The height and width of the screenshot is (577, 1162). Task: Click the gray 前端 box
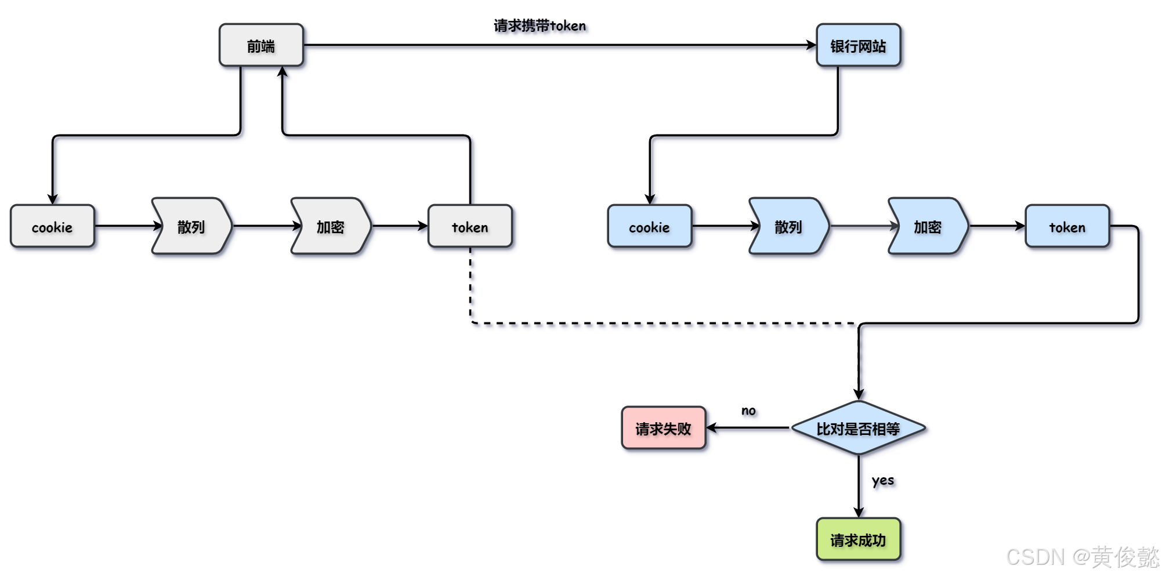(x=261, y=45)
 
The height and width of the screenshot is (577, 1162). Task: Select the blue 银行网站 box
(x=858, y=45)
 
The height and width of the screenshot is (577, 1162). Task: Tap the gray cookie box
(x=52, y=226)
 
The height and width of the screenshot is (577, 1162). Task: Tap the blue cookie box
(x=649, y=226)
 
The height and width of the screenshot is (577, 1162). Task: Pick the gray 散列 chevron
(x=191, y=226)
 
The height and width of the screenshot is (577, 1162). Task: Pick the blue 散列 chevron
(x=788, y=226)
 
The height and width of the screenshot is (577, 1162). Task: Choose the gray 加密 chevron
(x=331, y=226)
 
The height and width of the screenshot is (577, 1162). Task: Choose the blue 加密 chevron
(x=928, y=226)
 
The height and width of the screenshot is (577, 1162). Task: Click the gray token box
(x=470, y=226)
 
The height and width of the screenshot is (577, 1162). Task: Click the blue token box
(x=1067, y=226)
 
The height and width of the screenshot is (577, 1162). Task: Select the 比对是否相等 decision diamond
(x=858, y=428)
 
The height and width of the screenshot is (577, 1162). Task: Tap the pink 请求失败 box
(x=663, y=428)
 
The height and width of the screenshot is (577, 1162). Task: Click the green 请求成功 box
(x=858, y=539)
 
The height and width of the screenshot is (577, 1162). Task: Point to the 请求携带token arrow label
(x=540, y=26)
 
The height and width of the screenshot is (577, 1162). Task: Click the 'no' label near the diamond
(x=748, y=411)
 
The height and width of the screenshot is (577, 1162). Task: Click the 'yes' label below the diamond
(x=882, y=480)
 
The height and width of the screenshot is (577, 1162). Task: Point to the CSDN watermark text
(x=1082, y=557)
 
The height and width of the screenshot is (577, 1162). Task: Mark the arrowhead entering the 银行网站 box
(x=812, y=45)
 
